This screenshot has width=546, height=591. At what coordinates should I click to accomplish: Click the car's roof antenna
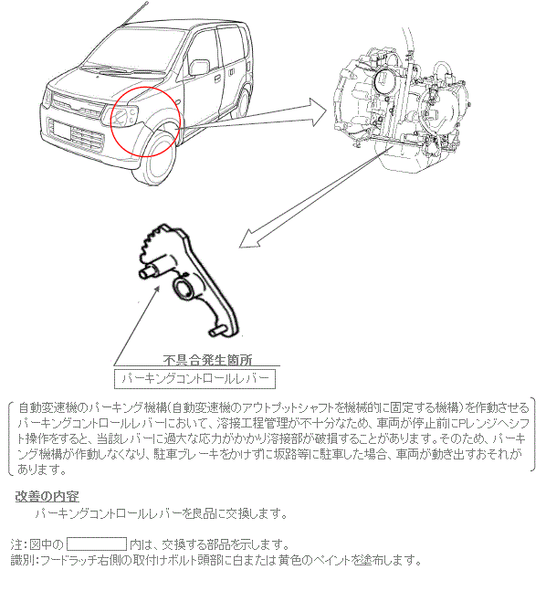click(x=135, y=15)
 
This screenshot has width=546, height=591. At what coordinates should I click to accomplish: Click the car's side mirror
click(x=199, y=68)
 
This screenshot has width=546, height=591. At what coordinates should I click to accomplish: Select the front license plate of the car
click(x=62, y=131)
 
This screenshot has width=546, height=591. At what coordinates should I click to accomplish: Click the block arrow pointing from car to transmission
click(x=253, y=114)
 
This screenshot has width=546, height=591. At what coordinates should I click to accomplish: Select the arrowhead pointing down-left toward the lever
click(x=249, y=238)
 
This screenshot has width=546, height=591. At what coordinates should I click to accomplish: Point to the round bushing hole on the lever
click(x=184, y=289)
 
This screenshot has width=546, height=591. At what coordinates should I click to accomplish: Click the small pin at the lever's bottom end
click(x=215, y=332)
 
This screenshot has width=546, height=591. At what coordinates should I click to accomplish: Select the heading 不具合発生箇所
click(x=207, y=360)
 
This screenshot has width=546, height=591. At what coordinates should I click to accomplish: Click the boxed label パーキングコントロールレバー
click(x=194, y=379)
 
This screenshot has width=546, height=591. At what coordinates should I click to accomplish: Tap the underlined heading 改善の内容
click(x=47, y=496)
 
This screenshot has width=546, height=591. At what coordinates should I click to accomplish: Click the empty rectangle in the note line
click(x=97, y=544)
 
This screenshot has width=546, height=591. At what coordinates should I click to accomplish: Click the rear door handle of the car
click(x=232, y=71)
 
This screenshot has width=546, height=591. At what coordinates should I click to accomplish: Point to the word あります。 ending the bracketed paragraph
click(x=41, y=470)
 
